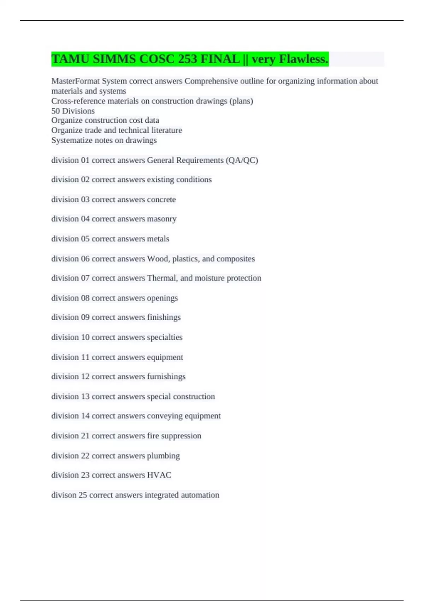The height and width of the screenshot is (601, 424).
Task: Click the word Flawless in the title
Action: coord(304,59)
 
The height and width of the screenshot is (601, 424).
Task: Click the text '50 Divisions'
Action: coord(73,111)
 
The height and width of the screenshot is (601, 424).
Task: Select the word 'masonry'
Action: coord(161,219)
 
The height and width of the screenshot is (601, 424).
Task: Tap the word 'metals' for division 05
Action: coord(158,239)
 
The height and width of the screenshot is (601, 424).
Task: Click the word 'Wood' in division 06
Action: coord(158,258)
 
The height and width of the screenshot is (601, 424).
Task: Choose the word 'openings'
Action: coord(162,298)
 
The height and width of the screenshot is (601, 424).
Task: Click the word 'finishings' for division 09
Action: coord(164,317)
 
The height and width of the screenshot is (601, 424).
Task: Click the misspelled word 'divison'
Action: coord(64,495)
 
